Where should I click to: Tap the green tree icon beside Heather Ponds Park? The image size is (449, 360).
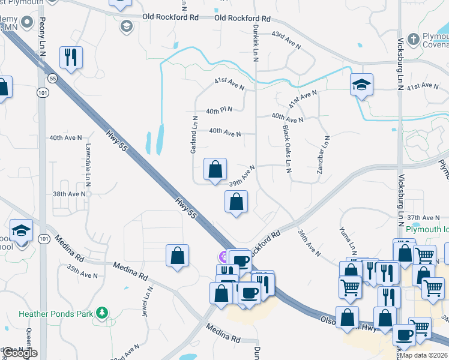click(x=103, y=313)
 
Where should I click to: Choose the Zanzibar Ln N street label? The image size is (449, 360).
click(x=323, y=155)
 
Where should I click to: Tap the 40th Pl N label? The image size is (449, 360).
click(x=218, y=110)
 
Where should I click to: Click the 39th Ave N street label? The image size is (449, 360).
click(x=243, y=176)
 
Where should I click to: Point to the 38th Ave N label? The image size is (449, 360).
click(x=70, y=194)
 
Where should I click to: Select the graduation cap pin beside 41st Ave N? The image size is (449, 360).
click(x=362, y=85)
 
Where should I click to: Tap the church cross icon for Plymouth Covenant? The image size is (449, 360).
click(x=412, y=40)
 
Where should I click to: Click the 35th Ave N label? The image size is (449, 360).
click(x=82, y=275)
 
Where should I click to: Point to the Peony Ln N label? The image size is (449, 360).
click(x=42, y=37)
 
